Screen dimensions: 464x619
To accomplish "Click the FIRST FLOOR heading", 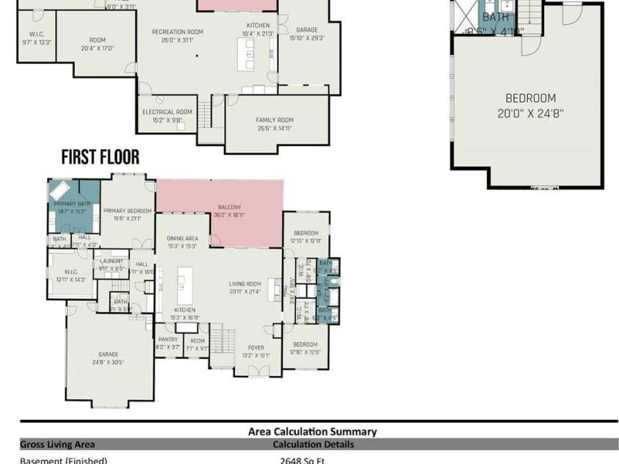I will point(100,157).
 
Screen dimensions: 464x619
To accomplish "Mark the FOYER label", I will point(256,349).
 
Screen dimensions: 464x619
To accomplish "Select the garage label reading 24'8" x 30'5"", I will point(109,358).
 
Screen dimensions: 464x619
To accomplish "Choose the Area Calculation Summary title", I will point(312,432).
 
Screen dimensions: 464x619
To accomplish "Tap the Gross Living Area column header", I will point(57,444).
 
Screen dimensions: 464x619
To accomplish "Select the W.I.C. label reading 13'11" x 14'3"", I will point(71,275).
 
